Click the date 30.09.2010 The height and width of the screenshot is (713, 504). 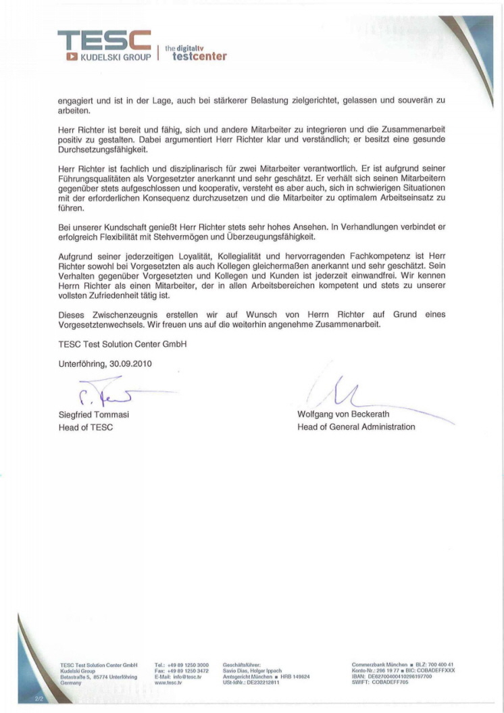point(128,364)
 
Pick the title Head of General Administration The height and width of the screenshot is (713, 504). point(356,427)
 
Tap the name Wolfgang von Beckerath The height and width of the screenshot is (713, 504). point(343,414)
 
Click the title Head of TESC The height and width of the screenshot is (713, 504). point(86,427)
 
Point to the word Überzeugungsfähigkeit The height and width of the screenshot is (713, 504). point(277,237)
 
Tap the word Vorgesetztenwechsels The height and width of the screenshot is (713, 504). point(101,324)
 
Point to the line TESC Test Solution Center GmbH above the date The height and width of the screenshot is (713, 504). point(122,344)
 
